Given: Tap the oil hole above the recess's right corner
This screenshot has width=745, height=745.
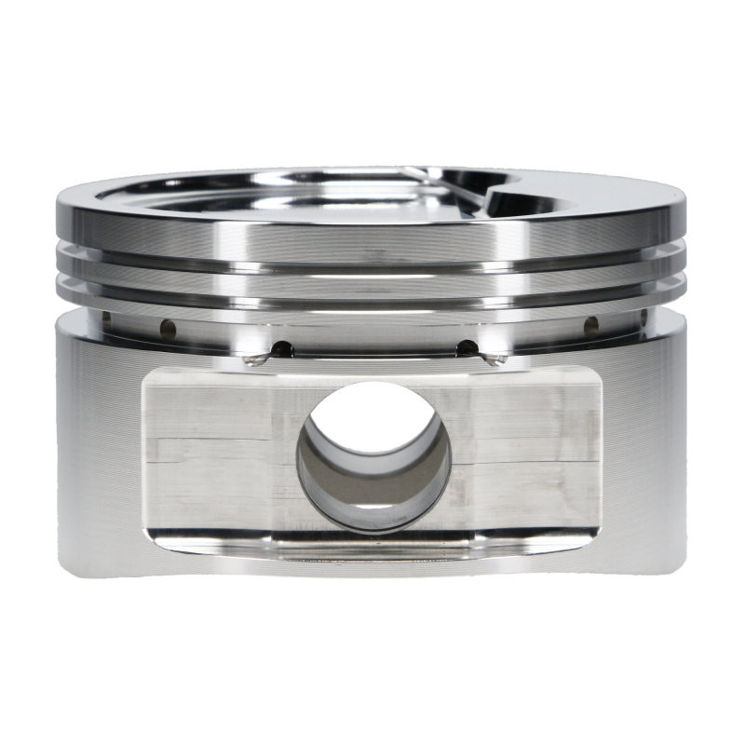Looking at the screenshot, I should (467, 348).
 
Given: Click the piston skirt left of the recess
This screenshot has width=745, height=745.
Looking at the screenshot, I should (98, 447).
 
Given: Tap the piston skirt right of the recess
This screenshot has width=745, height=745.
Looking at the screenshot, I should (647, 447).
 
